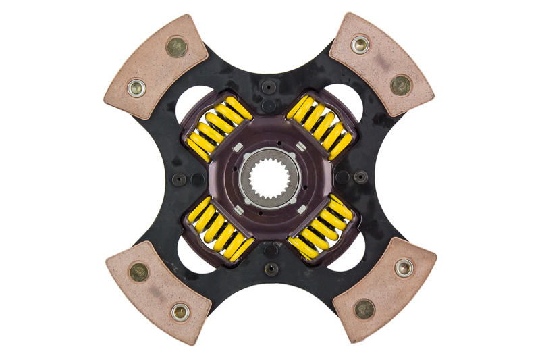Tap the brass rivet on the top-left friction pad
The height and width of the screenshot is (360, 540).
pos(178,47)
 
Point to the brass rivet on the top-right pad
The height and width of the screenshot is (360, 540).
pos(400,84)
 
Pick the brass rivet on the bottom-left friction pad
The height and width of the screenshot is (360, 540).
pos(139,272)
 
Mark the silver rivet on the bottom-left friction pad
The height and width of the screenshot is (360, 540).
pos(179,311)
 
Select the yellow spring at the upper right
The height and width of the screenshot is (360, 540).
pos(320,126)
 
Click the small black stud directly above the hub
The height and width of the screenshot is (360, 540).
pos(269,87)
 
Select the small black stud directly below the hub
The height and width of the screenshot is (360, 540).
pos(270,268)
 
